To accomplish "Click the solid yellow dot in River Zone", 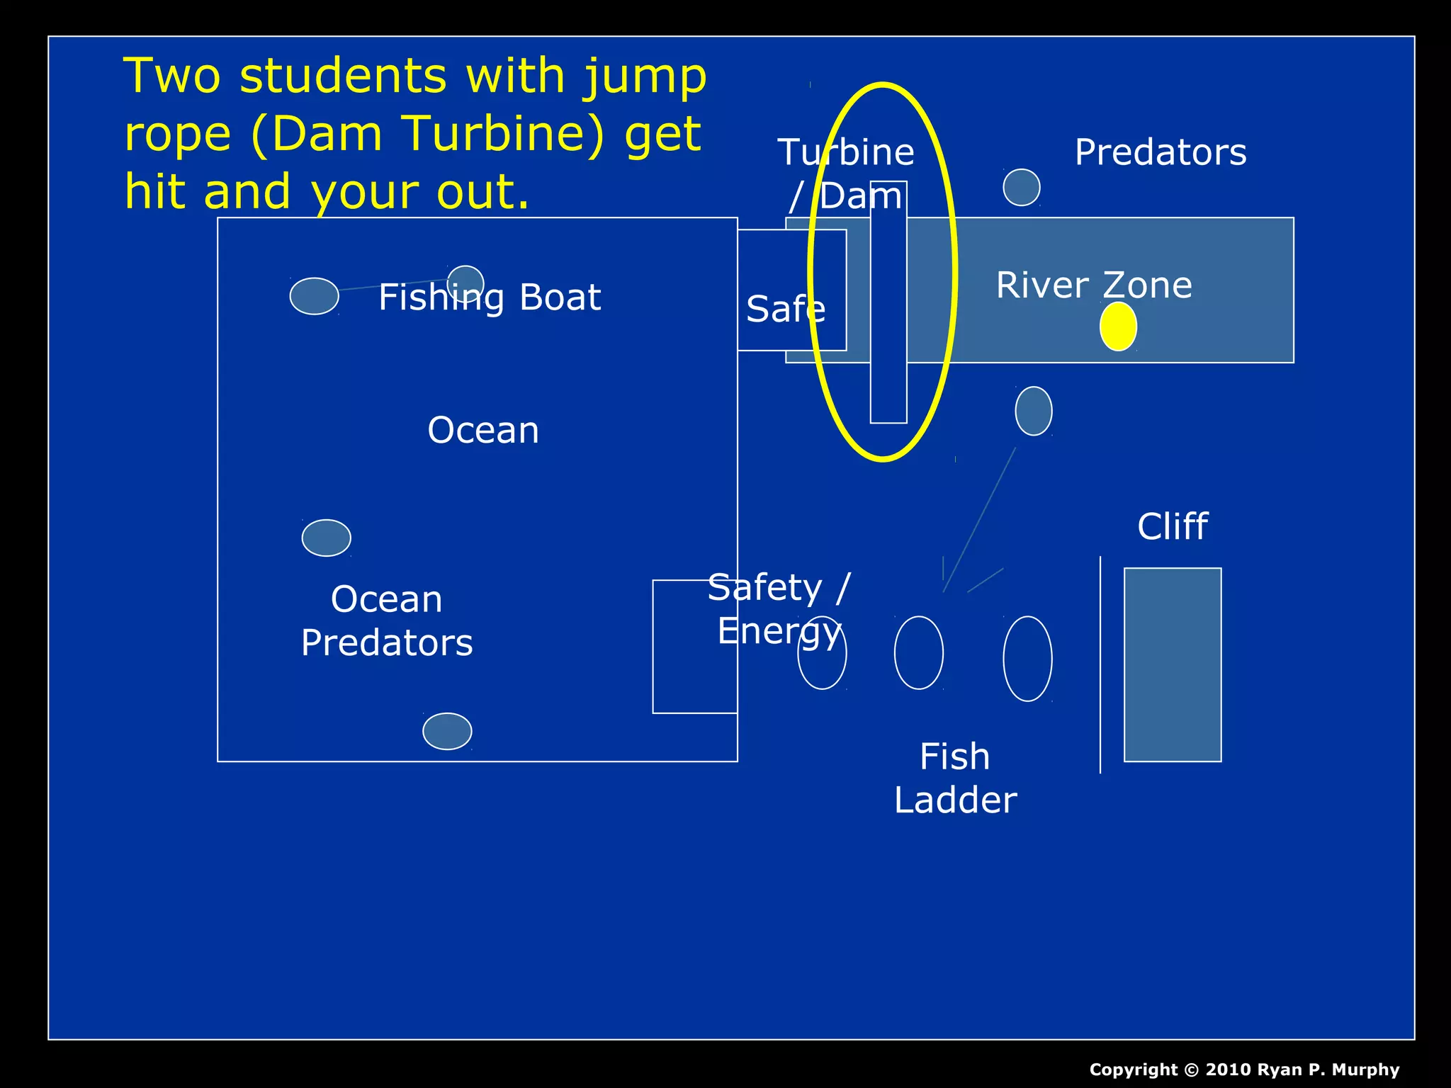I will coord(1118,326).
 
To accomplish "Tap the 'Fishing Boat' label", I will coord(490,297).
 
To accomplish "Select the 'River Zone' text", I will coord(1094,285).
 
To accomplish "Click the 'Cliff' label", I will coord(1173,526).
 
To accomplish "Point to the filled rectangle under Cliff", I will coord(1173,664).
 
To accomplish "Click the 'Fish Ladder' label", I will coord(955,778).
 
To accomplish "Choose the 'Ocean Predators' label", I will coord(387,621).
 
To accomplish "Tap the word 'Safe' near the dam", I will coord(786,310).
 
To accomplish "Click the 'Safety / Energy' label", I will coord(779,609).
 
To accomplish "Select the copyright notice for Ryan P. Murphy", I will coord(1244,1070).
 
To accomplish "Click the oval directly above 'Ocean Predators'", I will coord(326,538).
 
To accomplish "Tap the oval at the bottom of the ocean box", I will coord(447,731).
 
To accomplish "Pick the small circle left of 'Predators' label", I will coord(1021,188).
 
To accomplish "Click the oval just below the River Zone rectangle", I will coord(1034,411).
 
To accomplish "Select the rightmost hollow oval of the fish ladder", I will coord(1027,658).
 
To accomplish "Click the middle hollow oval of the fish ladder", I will coord(919,652).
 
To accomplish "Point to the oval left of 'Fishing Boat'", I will coord(314,296).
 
